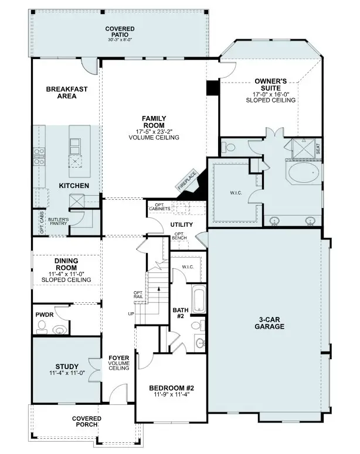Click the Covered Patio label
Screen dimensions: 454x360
coord(120,32)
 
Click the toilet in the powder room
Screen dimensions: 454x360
coord(42,330)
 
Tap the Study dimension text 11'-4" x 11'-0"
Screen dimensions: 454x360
coord(68,373)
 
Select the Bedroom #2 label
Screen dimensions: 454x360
coord(171,388)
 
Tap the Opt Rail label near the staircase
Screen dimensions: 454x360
coord(138,295)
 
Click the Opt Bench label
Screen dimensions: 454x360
coord(180,236)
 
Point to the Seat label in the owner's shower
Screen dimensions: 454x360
coord(318,150)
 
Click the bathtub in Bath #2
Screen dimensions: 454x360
coord(199,300)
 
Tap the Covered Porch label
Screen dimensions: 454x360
coord(87,421)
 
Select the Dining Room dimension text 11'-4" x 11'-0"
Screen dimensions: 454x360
coord(66,274)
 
